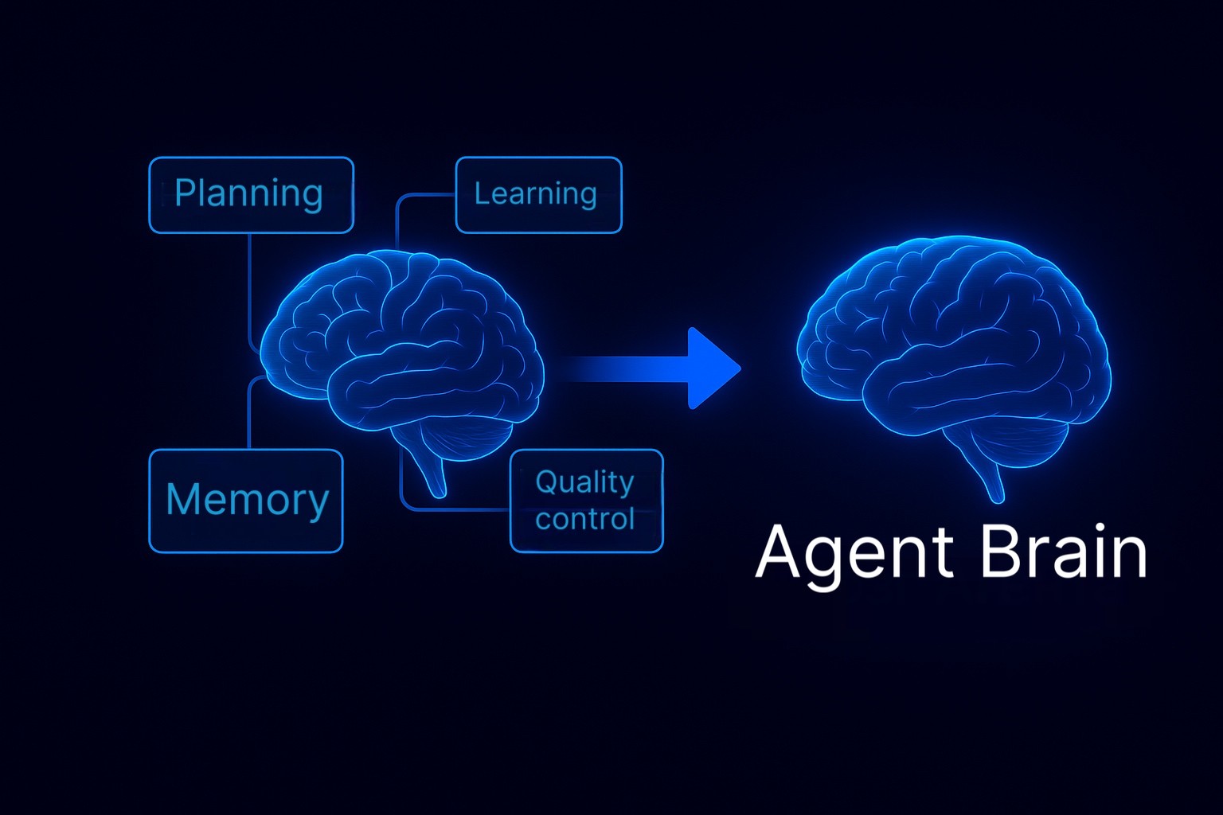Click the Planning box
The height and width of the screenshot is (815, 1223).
coord(251,195)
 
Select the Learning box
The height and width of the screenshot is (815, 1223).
coord(538,195)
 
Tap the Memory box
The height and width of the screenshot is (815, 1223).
coord(246,501)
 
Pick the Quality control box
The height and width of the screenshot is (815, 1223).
coord(586,501)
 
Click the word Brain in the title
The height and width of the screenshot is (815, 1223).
coord(1063,551)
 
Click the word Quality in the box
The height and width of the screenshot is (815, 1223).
coord(584,482)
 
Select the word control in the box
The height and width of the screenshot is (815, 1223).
coord(584,519)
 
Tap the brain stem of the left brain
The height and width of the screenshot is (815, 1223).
coord(434,474)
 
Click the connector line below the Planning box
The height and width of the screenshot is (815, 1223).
coord(250,287)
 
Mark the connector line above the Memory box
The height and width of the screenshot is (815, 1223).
coord(250,414)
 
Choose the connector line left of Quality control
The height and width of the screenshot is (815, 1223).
coord(454,508)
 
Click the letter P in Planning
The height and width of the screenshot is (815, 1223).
coord(184,193)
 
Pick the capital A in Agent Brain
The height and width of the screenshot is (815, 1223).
coord(778,552)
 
